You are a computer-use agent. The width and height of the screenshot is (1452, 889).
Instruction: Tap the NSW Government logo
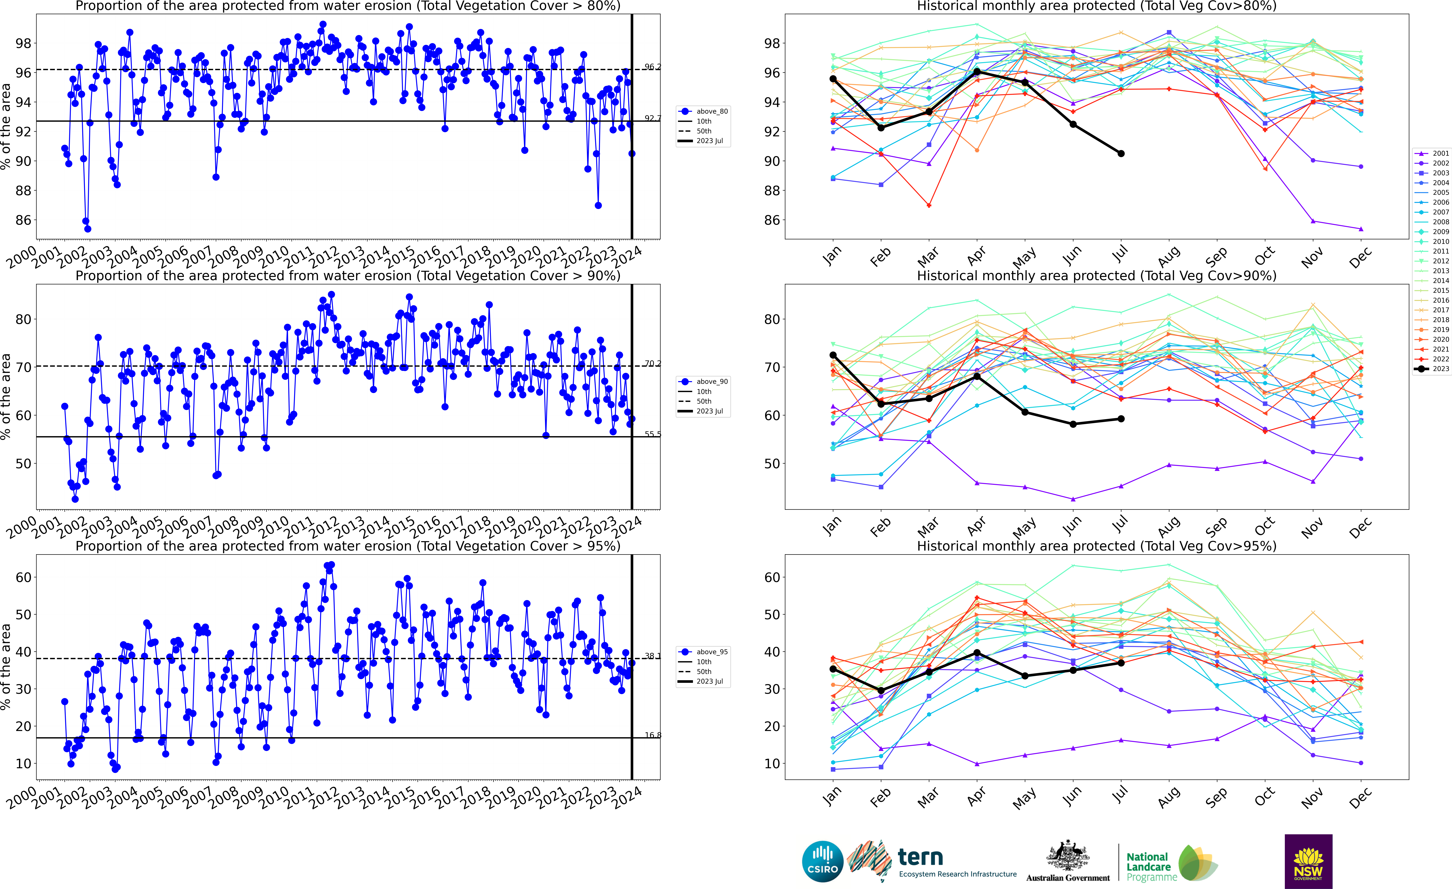coord(1308,861)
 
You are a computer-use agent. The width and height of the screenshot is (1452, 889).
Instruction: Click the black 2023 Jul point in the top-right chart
coord(1121,153)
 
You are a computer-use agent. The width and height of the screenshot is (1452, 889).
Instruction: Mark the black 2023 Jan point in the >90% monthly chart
coord(833,355)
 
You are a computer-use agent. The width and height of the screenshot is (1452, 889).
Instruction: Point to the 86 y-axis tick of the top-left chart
coord(24,220)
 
